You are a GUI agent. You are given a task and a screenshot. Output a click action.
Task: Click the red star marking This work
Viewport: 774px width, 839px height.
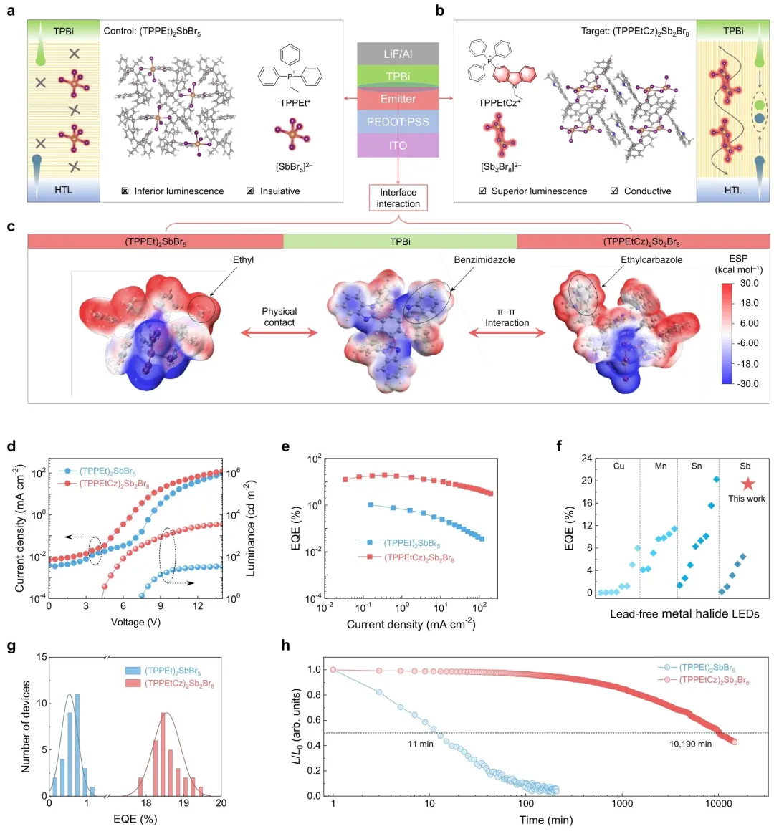click(747, 484)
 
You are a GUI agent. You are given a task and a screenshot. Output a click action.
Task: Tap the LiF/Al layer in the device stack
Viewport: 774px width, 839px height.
click(398, 54)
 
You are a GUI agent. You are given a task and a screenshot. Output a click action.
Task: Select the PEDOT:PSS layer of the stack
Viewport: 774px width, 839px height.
click(398, 122)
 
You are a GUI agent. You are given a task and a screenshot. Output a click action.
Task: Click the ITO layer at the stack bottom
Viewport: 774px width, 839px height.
click(398, 145)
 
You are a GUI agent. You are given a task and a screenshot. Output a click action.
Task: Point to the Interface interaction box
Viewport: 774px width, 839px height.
click(398, 198)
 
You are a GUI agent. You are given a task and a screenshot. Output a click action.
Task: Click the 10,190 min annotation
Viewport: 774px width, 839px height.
click(691, 744)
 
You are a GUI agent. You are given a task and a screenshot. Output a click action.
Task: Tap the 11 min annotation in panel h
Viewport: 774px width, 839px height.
click(421, 744)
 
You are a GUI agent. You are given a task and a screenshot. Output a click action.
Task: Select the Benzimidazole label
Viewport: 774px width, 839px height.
click(484, 259)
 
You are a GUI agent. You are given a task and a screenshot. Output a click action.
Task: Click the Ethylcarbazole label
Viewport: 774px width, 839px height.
click(651, 259)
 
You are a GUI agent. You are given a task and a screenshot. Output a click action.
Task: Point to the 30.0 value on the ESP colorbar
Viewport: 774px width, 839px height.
click(750, 283)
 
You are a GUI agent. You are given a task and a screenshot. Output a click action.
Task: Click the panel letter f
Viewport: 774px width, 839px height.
click(559, 446)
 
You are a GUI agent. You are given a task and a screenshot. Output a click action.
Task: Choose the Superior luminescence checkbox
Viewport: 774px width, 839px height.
click(482, 191)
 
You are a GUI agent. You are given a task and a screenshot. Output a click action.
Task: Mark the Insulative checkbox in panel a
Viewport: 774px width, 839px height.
click(250, 191)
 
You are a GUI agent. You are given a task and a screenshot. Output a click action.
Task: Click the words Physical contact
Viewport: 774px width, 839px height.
click(279, 317)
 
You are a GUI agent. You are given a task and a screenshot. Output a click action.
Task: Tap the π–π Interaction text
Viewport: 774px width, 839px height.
click(507, 317)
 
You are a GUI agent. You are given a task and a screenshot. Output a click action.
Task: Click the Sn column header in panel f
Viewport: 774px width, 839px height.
click(697, 466)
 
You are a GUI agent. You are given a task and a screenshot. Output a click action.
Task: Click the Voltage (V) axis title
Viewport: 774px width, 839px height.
click(135, 622)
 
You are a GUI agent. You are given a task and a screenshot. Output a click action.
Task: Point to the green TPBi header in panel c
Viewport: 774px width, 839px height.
click(400, 241)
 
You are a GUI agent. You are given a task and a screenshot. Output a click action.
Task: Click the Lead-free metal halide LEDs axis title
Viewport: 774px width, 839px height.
click(684, 613)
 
